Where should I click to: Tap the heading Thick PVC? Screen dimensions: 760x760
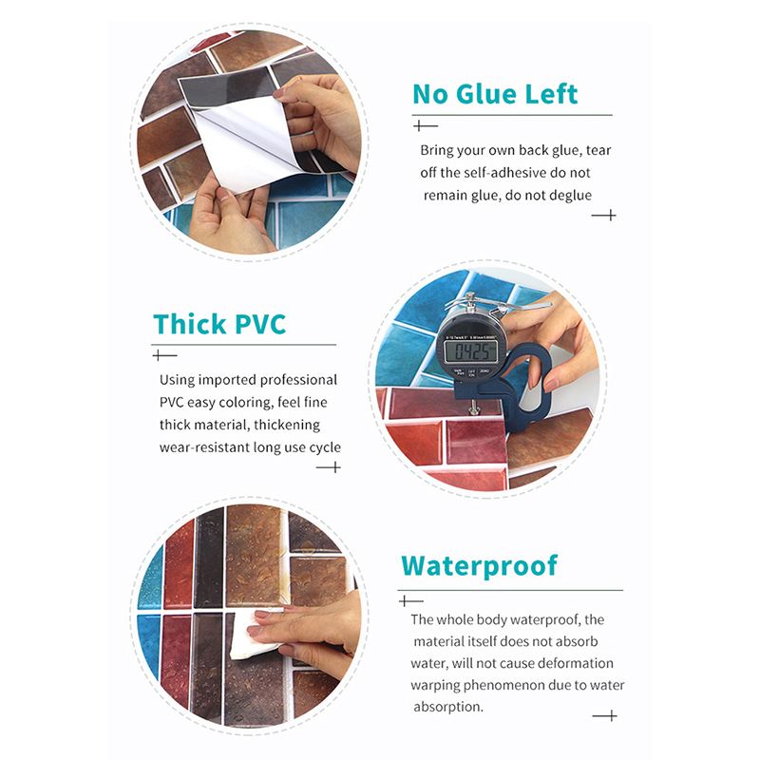click(x=219, y=324)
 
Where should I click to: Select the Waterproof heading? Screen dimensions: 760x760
click(x=480, y=566)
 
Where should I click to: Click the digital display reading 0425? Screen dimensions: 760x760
click(x=470, y=351)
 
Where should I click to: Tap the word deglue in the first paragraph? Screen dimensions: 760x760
click(x=570, y=196)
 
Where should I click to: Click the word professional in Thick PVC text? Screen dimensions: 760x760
click(x=298, y=380)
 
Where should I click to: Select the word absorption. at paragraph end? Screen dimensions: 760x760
click(x=448, y=707)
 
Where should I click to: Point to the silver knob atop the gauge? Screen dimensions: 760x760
click(x=469, y=297)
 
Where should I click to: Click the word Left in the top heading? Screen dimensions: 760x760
click(x=552, y=94)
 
